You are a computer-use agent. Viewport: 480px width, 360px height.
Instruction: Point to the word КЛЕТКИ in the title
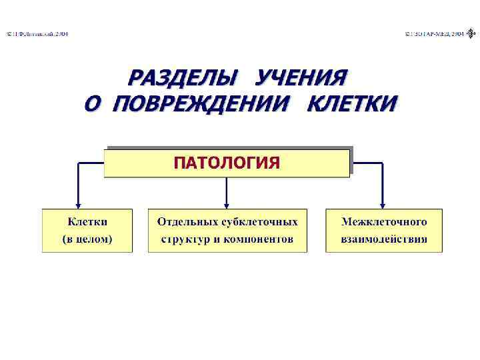coord(351,104)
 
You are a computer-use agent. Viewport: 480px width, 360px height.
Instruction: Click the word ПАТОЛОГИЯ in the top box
coord(227,163)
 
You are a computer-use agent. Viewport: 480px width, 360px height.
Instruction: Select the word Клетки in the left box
coord(87,221)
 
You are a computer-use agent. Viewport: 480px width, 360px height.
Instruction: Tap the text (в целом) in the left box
coord(87,238)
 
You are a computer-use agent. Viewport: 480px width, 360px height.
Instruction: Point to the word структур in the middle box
coord(183,238)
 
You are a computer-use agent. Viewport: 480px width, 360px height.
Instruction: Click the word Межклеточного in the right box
coord(383,221)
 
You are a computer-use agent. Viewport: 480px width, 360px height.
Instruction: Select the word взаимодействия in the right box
coord(383,238)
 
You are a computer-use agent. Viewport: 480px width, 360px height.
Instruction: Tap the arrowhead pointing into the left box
coord(79,205)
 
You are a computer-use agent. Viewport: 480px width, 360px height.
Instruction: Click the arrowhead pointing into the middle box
coord(227,205)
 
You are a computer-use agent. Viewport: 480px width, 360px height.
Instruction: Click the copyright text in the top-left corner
coord(37,33)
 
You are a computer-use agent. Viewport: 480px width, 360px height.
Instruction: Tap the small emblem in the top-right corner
coord(471,33)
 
